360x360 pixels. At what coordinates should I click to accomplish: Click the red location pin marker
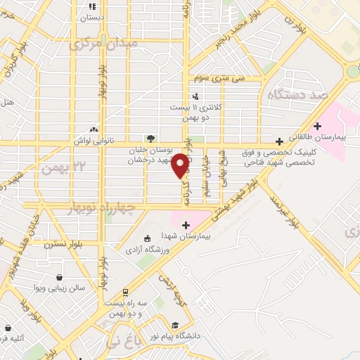click(181, 165)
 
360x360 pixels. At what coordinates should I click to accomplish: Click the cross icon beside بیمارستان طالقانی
click(317, 126)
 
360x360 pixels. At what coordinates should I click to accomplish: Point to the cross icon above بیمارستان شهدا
click(186, 225)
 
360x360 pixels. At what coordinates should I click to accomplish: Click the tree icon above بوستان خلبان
click(149, 139)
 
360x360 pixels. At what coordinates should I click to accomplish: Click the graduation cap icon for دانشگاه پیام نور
click(174, 324)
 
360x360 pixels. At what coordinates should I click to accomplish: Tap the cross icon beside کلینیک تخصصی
click(279, 141)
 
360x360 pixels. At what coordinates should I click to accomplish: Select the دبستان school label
click(91, 15)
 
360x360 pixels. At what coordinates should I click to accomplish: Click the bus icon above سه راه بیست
click(125, 292)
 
